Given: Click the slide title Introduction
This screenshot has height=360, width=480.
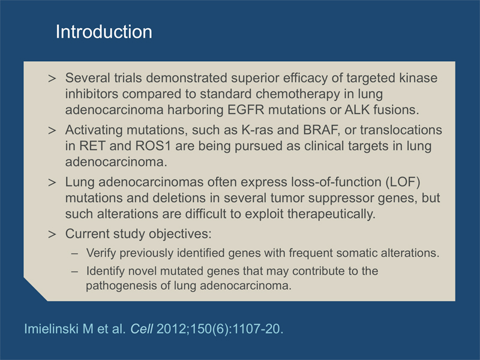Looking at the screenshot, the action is click(x=104, y=32).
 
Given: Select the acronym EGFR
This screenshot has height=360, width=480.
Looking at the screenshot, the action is click(x=245, y=110).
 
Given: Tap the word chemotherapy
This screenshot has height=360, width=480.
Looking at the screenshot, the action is click(x=298, y=94).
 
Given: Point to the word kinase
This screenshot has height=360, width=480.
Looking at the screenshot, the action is click(x=418, y=78).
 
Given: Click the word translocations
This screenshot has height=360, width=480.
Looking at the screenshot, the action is click(x=401, y=130).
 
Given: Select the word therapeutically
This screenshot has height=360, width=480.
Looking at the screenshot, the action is click(x=331, y=214).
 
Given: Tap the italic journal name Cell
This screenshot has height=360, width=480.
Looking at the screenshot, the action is click(x=142, y=329).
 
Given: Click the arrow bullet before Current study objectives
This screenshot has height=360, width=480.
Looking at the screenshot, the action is click(x=52, y=235).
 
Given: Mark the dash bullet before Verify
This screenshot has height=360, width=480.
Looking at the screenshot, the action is click(x=74, y=253).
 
